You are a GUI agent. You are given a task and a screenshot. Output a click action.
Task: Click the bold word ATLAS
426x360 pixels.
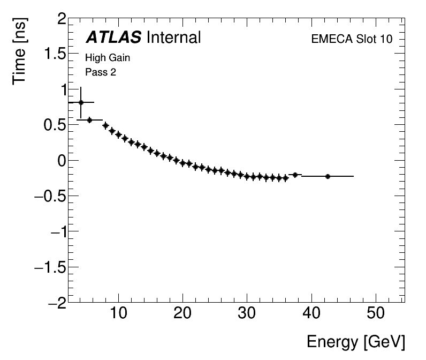[113, 37]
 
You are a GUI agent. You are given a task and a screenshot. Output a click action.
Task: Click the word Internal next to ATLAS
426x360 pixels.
[173, 37]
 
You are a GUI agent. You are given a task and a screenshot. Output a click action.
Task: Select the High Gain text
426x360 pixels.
[108, 58]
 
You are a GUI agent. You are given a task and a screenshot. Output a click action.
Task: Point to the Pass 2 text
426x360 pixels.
[101, 72]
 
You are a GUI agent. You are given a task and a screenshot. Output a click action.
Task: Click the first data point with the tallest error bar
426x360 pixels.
[81, 102]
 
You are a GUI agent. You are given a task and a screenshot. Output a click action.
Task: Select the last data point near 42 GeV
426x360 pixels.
[328, 176]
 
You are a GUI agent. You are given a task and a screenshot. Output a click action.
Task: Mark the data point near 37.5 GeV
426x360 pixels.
[295, 175]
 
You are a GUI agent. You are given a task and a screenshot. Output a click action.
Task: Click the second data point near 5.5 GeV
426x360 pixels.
[89, 120]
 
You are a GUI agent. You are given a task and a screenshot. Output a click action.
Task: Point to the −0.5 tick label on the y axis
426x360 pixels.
[49, 196]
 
